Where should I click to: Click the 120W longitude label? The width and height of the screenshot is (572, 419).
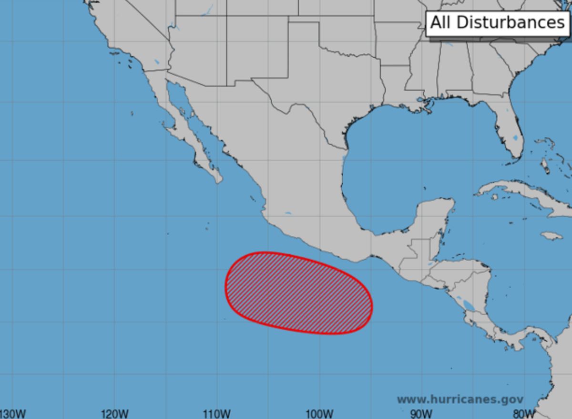point(115,413)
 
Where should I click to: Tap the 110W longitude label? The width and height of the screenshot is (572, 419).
point(217,413)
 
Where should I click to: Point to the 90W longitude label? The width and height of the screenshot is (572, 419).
point(421,413)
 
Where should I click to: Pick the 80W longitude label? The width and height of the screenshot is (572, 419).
point(523,413)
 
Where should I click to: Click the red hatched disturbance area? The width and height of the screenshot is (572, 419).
point(298,292)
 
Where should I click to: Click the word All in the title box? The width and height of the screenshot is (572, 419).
point(442,22)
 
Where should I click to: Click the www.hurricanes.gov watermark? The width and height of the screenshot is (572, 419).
point(460,399)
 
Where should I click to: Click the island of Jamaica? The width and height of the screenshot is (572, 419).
point(552,236)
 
